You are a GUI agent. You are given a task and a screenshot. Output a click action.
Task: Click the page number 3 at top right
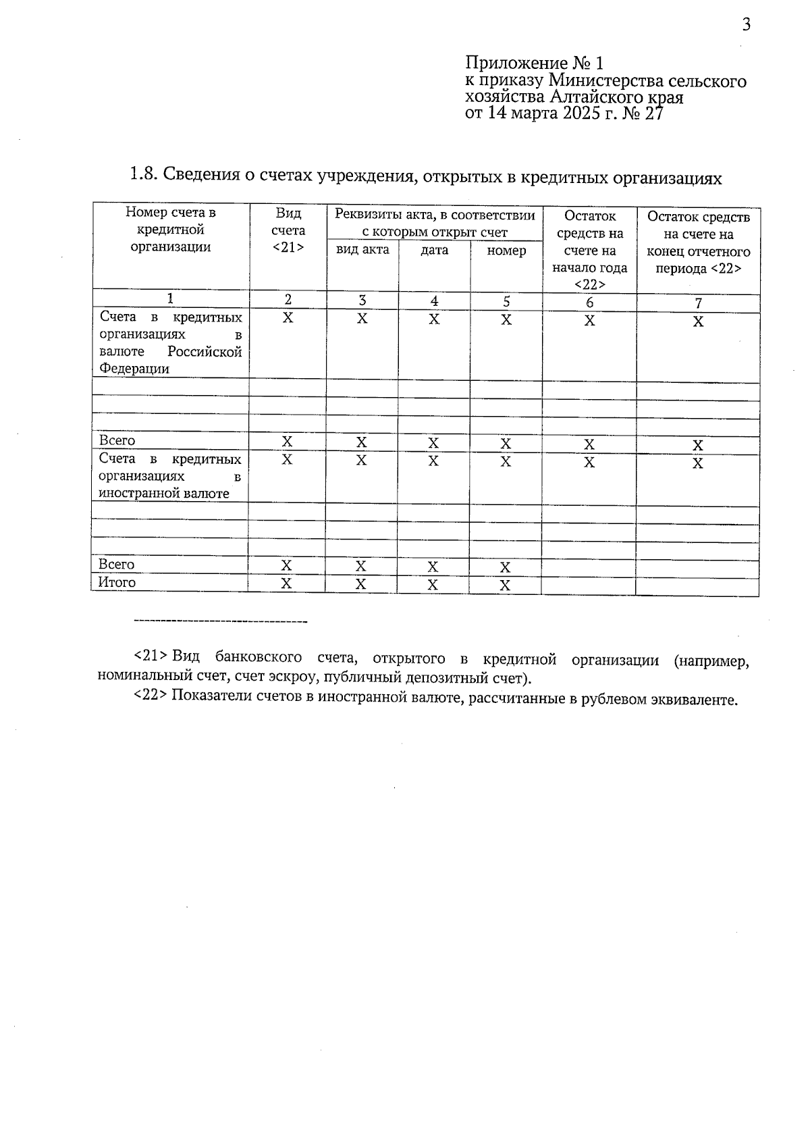[x=746, y=26]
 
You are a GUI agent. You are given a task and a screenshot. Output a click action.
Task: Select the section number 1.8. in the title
[x=143, y=176]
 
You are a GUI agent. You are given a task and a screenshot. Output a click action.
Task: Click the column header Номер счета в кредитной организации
[x=171, y=230]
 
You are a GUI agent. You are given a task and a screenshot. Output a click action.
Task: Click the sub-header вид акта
[x=362, y=250]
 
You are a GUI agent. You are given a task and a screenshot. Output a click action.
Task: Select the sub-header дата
[x=434, y=251]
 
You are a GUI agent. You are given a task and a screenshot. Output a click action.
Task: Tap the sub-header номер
[x=506, y=251]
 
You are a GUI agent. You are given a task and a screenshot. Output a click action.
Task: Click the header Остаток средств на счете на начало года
[x=589, y=251]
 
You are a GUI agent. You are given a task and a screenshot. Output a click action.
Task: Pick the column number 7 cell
[x=698, y=303]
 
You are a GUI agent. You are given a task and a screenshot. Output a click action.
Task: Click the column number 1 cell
[x=171, y=298]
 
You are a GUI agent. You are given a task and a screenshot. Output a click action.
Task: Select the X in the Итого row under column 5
[x=505, y=585]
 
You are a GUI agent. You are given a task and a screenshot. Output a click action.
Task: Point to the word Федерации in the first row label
[x=134, y=369]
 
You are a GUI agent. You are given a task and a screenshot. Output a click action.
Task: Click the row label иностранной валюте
[x=164, y=494]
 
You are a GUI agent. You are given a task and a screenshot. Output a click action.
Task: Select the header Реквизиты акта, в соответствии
[x=435, y=215]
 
